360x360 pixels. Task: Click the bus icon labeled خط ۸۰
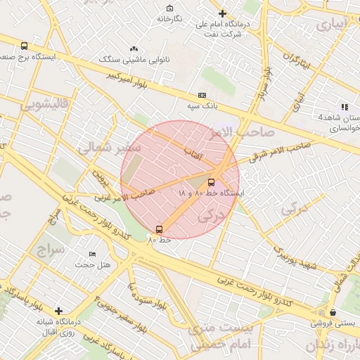pos(159,229)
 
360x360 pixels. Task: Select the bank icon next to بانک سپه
pos(202,95)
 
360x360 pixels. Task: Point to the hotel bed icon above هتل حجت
pos(92,254)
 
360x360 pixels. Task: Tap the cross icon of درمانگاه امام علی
pos(223,13)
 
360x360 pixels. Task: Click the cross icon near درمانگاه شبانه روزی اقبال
pos(58,310)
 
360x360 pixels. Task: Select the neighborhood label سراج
pos(50,250)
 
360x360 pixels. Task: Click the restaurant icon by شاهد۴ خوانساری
pos(344,106)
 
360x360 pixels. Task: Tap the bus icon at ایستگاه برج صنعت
pos(25,46)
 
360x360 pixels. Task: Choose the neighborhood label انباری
pos(331,25)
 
